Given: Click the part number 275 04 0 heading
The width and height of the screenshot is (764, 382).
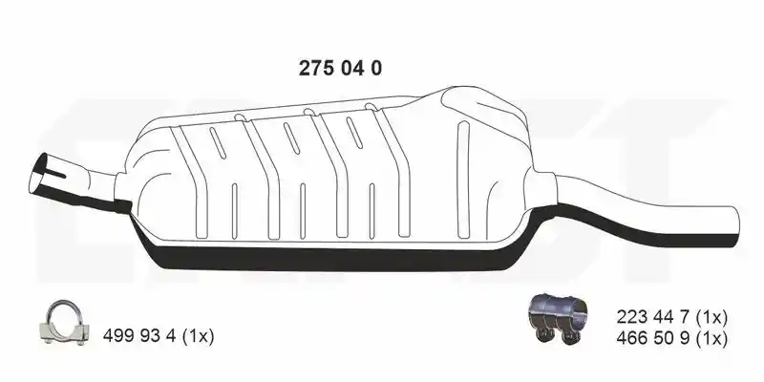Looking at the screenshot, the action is (x=340, y=69).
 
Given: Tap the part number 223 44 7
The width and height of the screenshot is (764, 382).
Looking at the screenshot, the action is (x=653, y=318).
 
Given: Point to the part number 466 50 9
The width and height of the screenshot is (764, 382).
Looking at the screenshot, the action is (x=653, y=338).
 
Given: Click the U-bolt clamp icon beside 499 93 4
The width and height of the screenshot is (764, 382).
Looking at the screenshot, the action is (x=64, y=322).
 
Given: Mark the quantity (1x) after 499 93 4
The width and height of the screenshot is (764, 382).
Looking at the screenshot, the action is (x=198, y=336).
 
